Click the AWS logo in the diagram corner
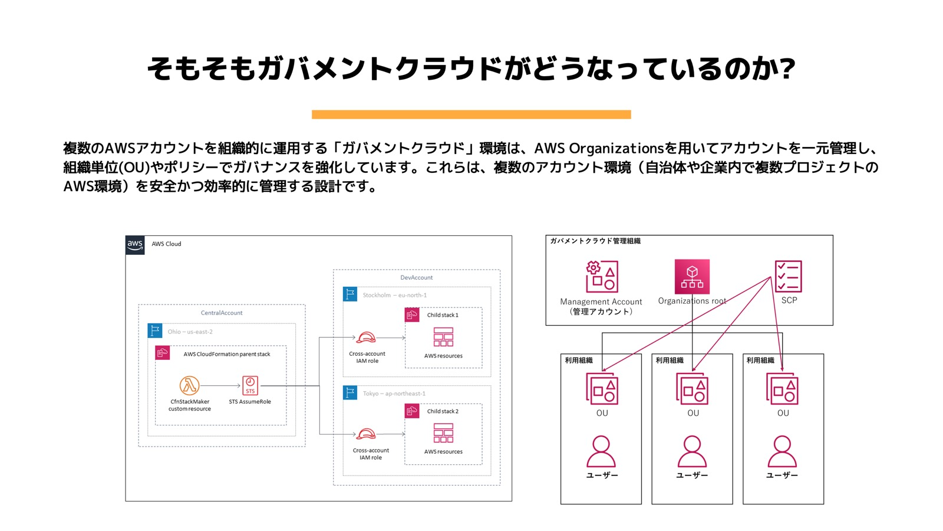point(135,245)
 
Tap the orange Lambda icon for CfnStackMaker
point(189,385)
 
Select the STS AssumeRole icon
point(250,385)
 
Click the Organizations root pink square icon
point(692,276)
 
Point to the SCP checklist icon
point(789,276)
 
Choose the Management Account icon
point(602,276)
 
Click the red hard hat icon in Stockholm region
point(366,337)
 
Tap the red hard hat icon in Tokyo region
point(366,434)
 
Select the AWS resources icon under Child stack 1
point(443,337)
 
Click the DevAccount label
point(416,277)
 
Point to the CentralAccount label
point(222,313)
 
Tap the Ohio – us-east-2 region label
point(190,332)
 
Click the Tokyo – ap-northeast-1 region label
point(394,394)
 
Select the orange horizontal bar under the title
point(471,114)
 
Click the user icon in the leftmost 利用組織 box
point(601,451)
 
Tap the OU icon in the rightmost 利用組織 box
point(782,389)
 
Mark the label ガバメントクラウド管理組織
point(595,241)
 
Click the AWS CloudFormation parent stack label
point(227,354)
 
